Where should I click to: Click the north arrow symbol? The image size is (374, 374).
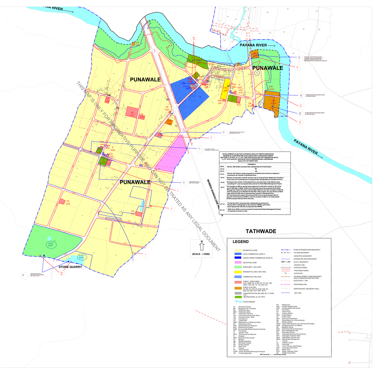click(x=202, y=246)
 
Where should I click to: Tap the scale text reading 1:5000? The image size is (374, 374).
click(x=201, y=254)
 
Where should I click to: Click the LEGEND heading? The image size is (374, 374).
click(x=241, y=242)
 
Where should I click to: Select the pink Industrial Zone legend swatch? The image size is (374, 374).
click(x=238, y=263)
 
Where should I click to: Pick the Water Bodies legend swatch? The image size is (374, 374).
click(x=238, y=302)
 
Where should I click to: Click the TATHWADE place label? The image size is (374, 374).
click(x=261, y=231)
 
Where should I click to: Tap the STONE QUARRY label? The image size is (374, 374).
click(x=70, y=267)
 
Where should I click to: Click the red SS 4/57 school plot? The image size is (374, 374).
click(x=132, y=112)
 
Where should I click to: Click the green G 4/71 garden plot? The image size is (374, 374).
click(x=232, y=98)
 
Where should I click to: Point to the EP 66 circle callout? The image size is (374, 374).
click(x=62, y=273)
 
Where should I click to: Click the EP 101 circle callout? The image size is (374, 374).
click(x=194, y=39)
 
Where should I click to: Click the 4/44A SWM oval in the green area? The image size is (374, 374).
click(x=50, y=244)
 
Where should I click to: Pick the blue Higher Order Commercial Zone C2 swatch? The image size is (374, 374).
click(x=238, y=258)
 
